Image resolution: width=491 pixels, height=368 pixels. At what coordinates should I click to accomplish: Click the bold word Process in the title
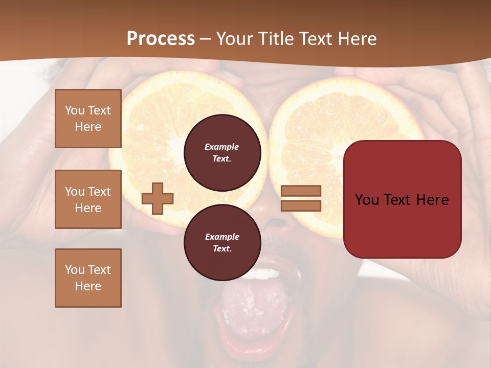pyautogui.click(x=161, y=39)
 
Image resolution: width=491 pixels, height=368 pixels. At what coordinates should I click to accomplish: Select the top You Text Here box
pyautogui.click(x=88, y=119)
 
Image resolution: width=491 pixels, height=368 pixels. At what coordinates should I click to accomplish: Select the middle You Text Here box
pyautogui.click(x=88, y=199)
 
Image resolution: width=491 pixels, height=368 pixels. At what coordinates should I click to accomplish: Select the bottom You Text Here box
pyautogui.click(x=88, y=278)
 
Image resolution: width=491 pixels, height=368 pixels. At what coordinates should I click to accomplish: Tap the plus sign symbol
pyautogui.click(x=158, y=198)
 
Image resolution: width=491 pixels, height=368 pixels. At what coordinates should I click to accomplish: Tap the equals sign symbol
pyautogui.click(x=301, y=198)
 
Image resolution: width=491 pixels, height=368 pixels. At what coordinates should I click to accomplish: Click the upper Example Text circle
pyautogui.click(x=222, y=153)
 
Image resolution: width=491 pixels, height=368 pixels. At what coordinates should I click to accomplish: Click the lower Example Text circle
pyautogui.click(x=222, y=243)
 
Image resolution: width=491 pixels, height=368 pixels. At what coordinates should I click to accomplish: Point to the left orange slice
pyautogui.click(x=153, y=128)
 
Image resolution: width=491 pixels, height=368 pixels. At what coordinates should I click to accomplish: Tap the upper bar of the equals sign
pyautogui.click(x=301, y=191)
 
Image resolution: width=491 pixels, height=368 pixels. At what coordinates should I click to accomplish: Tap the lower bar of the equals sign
pyautogui.click(x=301, y=205)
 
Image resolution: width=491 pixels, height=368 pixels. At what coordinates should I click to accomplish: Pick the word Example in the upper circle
pyautogui.click(x=222, y=147)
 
